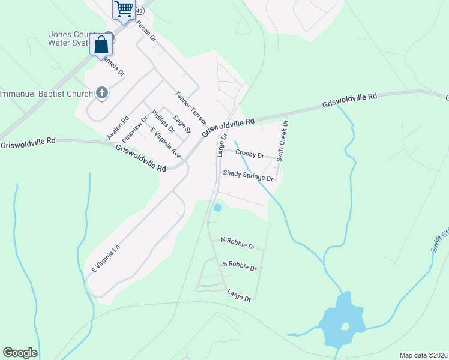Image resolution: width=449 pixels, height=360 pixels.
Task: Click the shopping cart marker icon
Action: [124, 9]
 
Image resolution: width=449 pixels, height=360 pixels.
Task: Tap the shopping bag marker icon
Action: [101, 44]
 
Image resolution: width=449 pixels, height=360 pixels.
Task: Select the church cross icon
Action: [102, 93]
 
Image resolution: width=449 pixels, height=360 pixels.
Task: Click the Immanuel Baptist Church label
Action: [46, 94]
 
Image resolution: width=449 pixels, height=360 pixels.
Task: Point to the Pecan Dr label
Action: [146, 31]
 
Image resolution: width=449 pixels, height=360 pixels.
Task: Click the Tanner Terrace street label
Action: [191, 107]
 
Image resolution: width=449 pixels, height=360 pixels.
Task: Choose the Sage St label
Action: [182, 124]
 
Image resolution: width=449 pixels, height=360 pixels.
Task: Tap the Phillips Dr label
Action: [163, 121]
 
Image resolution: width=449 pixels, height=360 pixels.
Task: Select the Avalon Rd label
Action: [118, 128]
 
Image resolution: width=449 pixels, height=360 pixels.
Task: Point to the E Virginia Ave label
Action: [166, 143]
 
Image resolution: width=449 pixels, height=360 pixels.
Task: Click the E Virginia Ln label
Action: [107, 259]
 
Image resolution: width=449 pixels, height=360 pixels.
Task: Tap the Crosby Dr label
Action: [250, 154]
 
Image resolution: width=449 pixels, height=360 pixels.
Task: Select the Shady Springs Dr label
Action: [248, 175]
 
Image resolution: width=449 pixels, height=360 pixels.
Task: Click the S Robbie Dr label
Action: [240, 265]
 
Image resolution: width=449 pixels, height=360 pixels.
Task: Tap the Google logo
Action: [20, 353]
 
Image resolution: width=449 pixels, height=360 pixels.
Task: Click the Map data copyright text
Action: [423, 355]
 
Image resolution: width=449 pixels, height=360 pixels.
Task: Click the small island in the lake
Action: [345, 327]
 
